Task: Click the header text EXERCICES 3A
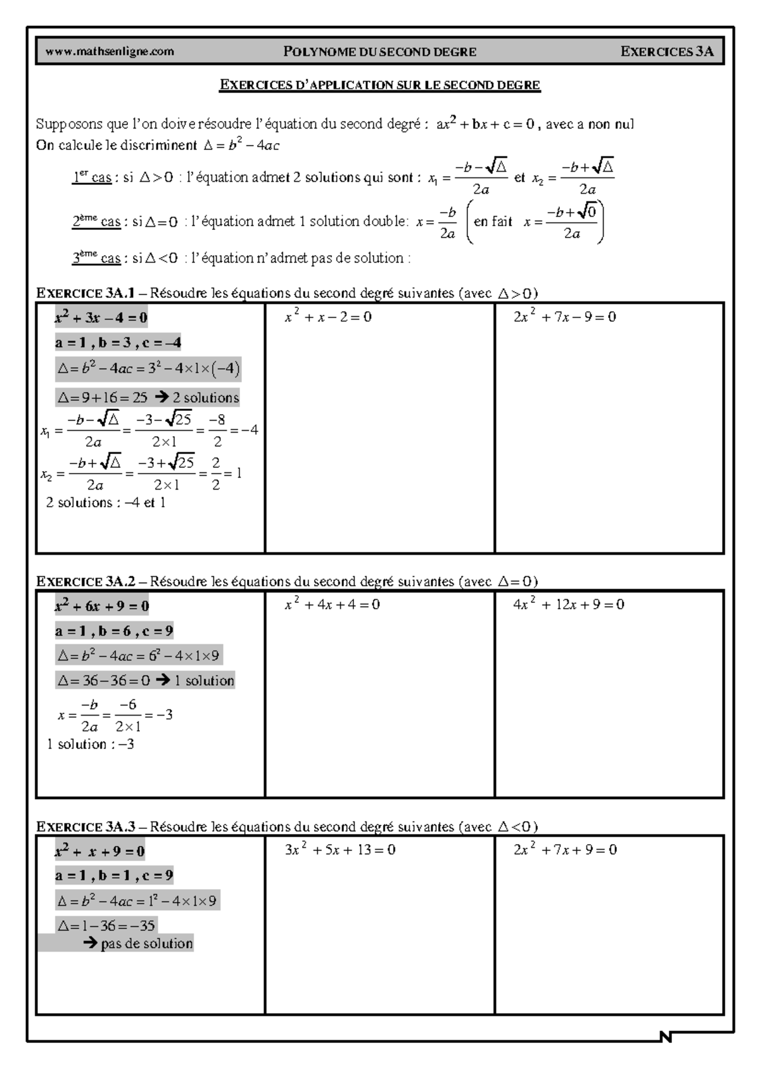[x=667, y=51]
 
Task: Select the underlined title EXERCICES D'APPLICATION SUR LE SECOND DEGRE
[x=379, y=85]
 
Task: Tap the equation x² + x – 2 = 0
[x=328, y=317]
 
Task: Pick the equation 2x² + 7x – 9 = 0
[x=564, y=317]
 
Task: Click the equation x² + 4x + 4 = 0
[x=332, y=604]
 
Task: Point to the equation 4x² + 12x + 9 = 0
[x=568, y=604]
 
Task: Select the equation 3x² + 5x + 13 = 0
[x=340, y=850]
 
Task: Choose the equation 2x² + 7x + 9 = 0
[x=565, y=850]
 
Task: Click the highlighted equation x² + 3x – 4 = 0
[x=101, y=317]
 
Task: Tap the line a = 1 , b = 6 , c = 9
[x=114, y=631]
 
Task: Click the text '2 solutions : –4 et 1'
[x=106, y=503]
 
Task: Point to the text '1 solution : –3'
[x=91, y=744]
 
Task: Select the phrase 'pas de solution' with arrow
[x=138, y=944]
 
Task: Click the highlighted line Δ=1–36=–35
[x=106, y=925]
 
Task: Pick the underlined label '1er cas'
[x=92, y=178]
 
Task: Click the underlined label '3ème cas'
[x=96, y=258]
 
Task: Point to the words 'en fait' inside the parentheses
[x=493, y=222]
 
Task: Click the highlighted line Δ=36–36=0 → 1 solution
[x=145, y=681]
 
